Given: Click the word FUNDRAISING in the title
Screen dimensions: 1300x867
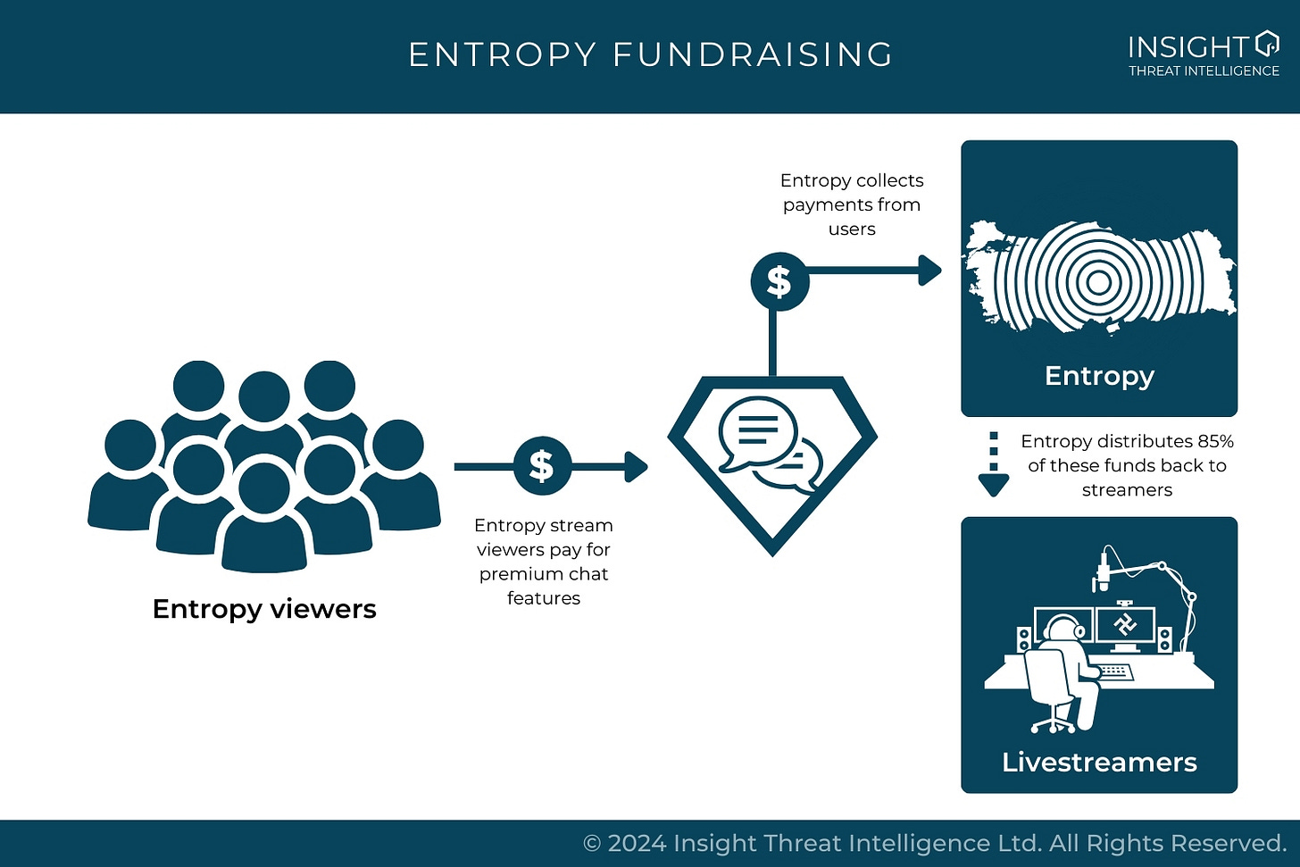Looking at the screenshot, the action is [753, 55].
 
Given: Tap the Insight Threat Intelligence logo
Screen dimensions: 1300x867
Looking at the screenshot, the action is [1203, 54].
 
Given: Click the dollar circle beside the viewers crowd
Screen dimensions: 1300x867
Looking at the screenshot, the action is [542, 466].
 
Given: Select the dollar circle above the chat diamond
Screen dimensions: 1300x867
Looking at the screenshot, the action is [779, 281].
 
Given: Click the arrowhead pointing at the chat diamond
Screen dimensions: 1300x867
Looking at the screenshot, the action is [637, 466].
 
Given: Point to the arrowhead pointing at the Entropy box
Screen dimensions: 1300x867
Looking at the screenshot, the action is [930, 270].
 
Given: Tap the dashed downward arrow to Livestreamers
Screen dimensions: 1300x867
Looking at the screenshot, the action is [993, 465].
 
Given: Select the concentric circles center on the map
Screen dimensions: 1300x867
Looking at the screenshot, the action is [1099, 283].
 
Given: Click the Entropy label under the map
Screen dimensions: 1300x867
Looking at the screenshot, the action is [1099, 376].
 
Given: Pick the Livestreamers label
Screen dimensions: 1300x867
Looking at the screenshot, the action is [1099, 762].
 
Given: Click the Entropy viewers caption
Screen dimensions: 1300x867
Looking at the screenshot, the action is [264, 609].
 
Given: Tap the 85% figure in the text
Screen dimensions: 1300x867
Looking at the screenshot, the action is [1215, 441].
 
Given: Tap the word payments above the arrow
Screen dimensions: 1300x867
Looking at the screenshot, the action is [822, 204].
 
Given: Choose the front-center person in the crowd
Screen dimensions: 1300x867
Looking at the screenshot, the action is [264, 518].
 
